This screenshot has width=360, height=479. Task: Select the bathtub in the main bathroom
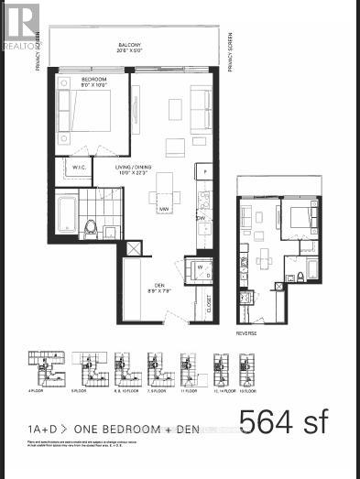(x=65, y=214)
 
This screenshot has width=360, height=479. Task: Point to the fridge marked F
(x=207, y=172)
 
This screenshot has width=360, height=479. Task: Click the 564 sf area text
(x=282, y=422)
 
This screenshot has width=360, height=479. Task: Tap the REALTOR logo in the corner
(x=20, y=25)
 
